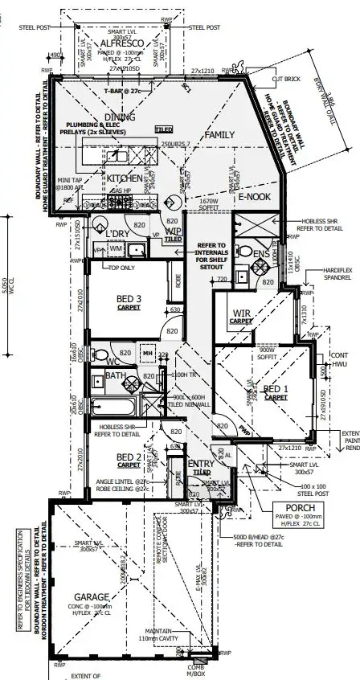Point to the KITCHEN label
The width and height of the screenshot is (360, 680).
tap(125, 178)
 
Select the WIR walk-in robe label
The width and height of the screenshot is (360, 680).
tap(243, 314)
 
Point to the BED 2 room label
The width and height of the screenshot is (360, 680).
tap(128, 458)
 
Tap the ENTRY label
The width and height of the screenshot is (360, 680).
tap(199, 465)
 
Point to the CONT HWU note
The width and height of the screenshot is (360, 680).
tap(341, 358)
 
